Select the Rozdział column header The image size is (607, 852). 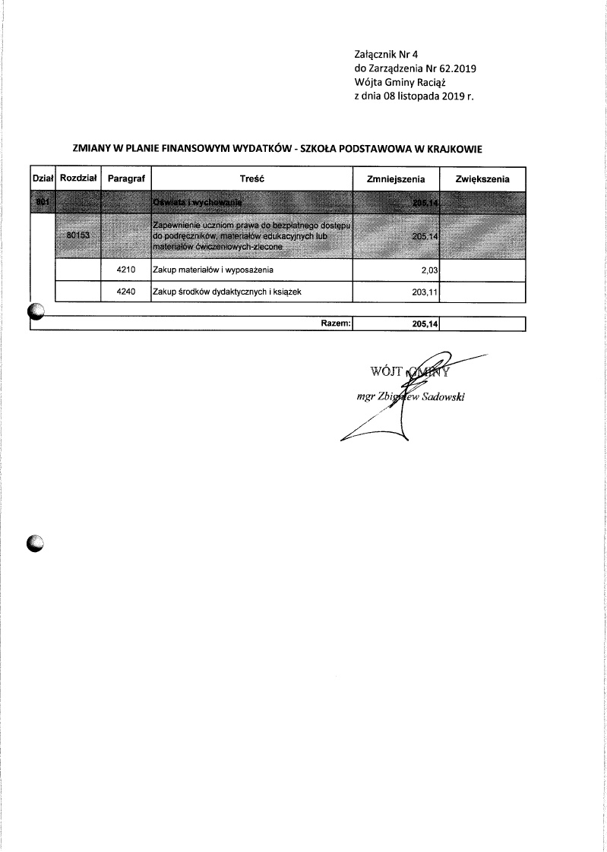(77, 178)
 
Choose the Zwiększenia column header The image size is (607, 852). (483, 178)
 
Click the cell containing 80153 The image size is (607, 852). (78, 236)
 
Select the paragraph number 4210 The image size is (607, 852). (126, 270)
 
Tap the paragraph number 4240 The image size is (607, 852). (126, 291)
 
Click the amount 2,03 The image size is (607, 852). (431, 270)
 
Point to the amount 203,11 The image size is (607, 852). (425, 291)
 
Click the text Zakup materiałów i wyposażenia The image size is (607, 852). (213, 270)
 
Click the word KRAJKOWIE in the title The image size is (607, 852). (454, 149)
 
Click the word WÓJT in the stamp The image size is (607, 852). (384, 372)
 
